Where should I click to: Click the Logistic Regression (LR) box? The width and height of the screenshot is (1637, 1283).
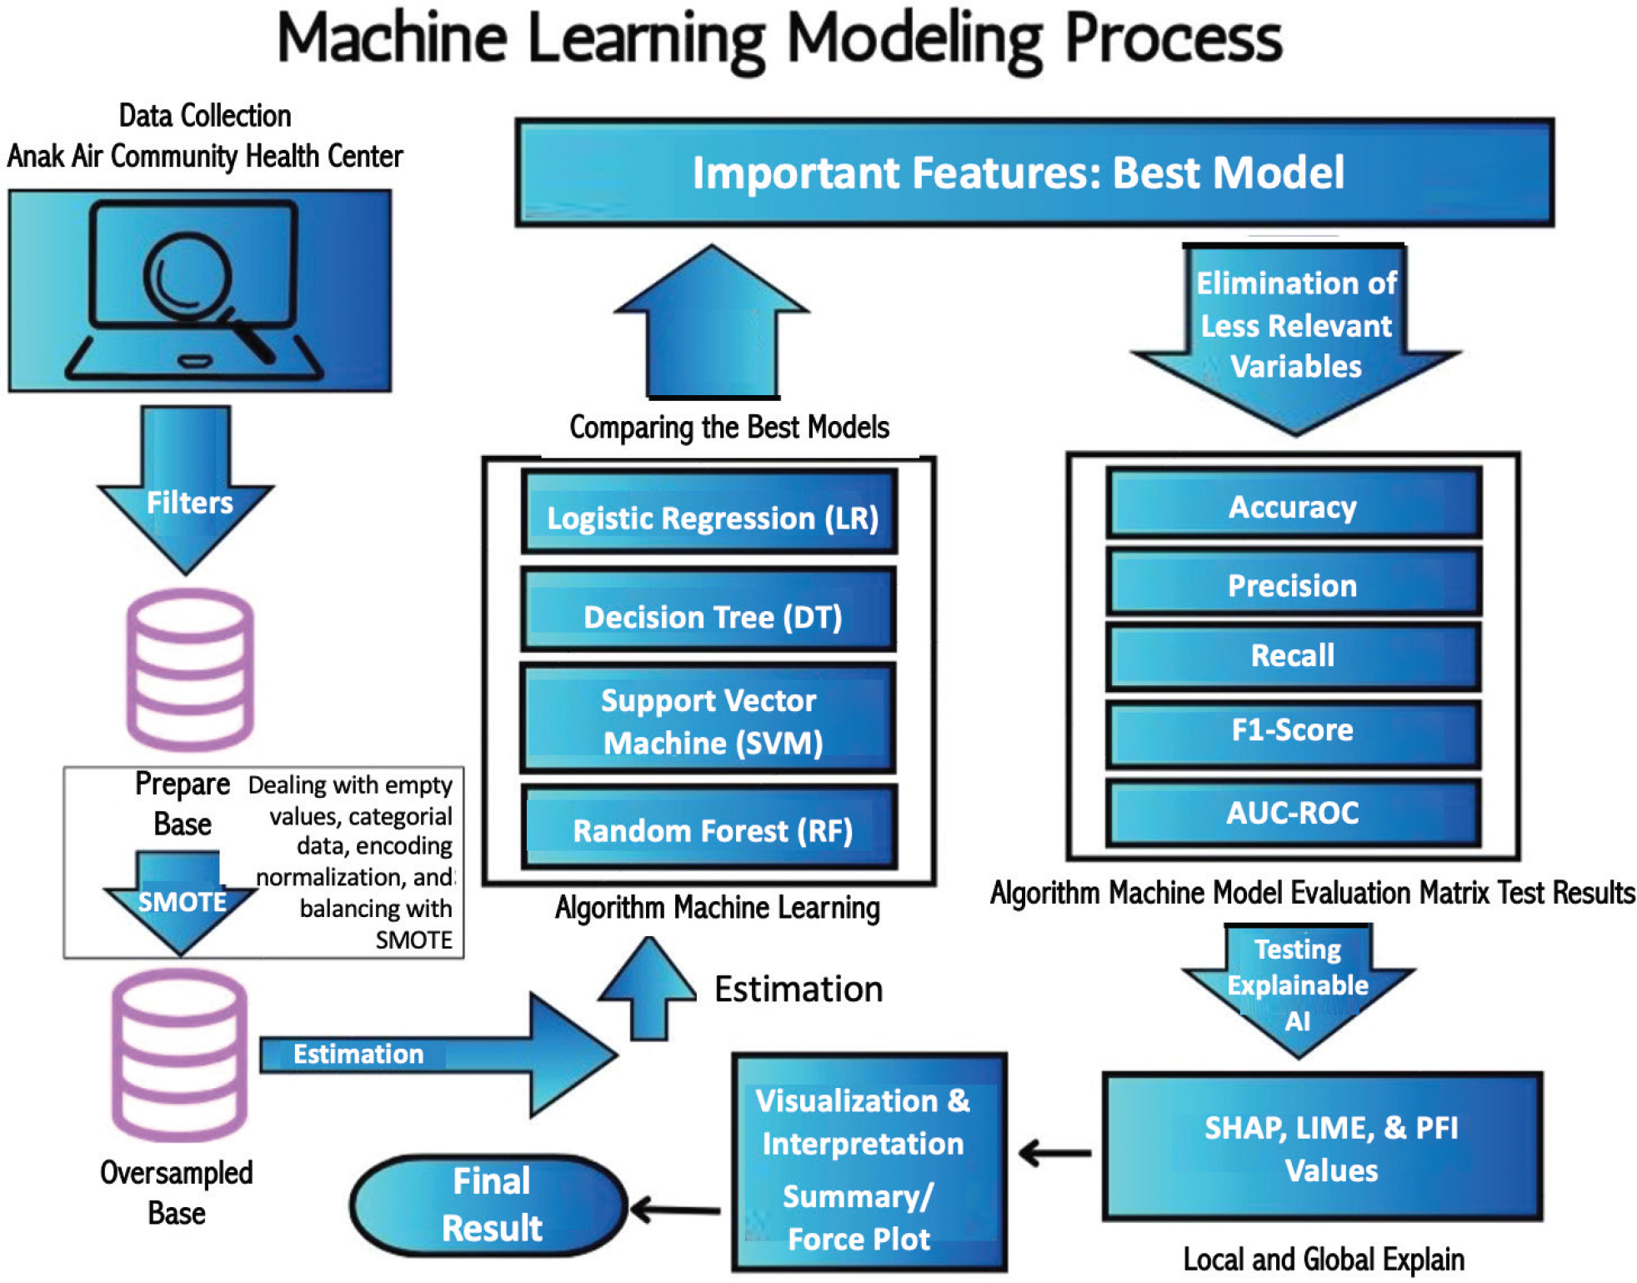pos(709,512)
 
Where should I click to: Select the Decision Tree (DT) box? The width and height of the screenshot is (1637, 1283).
pos(709,609)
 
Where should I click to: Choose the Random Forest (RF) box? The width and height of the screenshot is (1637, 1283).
pos(709,827)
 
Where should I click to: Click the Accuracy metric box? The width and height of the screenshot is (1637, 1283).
pos(1293,504)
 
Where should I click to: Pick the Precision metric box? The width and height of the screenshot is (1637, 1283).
pos(1293,582)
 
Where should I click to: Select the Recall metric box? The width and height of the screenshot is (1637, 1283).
pos(1293,656)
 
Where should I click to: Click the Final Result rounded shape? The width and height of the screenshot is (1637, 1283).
pos(489,1205)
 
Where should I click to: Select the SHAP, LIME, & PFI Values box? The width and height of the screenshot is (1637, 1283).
pos(1323,1147)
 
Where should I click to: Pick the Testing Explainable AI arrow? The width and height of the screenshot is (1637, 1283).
pos(1298,988)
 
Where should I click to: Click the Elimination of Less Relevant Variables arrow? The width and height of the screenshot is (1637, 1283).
pos(1296,333)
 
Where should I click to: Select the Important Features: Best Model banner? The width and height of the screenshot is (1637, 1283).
pos(1034,173)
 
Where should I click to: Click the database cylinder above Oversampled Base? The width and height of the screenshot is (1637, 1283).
pos(179,1055)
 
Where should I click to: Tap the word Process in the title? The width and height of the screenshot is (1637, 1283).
pos(1174,39)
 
